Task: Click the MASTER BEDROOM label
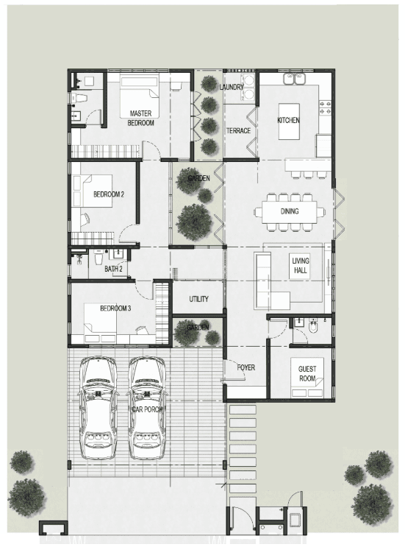pyautogui.click(x=140, y=118)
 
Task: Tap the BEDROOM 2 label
pyautogui.click(x=109, y=194)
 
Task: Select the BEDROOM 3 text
pyautogui.click(x=115, y=308)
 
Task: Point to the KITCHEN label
pyautogui.click(x=288, y=120)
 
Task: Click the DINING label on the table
pyautogui.click(x=290, y=211)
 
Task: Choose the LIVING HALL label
pyautogui.click(x=300, y=265)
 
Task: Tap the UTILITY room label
pyautogui.click(x=199, y=299)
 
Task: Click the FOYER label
pyautogui.click(x=245, y=367)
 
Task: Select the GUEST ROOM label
pyautogui.click(x=307, y=373)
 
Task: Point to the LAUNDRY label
pyautogui.click(x=232, y=87)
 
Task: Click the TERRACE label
pyautogui.click(x=239, y=131)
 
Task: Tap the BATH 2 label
pyautogui.click(x=113, y=269)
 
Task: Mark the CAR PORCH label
pyautogui.click(x=147, y=409)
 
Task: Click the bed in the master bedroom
pyautogui.click(x=140, y=96)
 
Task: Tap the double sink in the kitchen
pyautogui.click(x=294, y=79)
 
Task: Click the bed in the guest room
pyautogui.click(x=307, y=378)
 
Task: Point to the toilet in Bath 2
pyautogui.click(x=98, y=258)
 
